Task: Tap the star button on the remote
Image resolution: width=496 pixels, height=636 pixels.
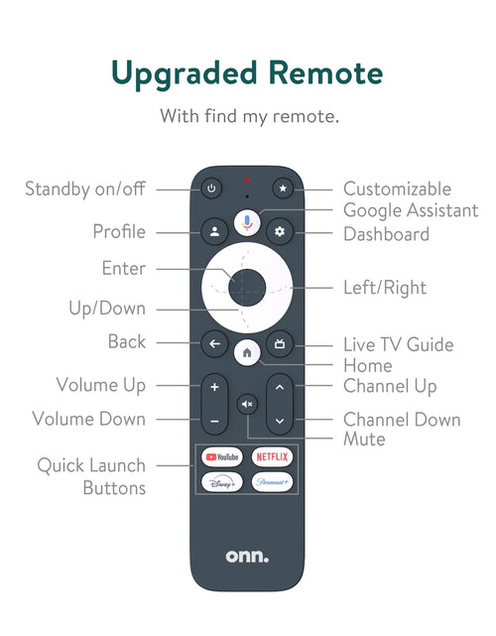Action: pyautogui.click(x=283, y=189)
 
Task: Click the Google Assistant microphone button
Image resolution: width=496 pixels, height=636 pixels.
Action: pyautogui.click(x=247, y=222)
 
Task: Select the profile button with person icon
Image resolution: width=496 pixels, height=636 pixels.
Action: pyautogui.click(x=214, y=231)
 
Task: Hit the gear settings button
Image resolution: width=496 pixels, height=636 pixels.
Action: pyautogui.click(x=280, y=231)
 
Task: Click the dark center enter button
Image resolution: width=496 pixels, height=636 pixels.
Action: pyautogui.click(x=247, y=288)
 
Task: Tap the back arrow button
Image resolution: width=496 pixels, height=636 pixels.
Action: pyautogui.click(x=214, y=344)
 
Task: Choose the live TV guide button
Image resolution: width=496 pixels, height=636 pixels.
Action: pyautogui.click(x=280, y=344)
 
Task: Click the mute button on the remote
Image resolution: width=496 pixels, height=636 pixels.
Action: pyautogui.click(x=247, y=405)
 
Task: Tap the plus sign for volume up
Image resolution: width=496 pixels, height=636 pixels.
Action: pyautogui.click(x=214, y=387)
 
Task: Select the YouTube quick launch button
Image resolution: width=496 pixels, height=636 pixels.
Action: pyautogui.click(x=222, y=457)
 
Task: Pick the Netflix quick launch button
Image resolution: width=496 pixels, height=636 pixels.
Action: pyautogui.click(x=272, y=457)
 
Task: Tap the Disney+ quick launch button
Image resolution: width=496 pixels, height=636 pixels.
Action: pyautogui.click(x=222, y=482)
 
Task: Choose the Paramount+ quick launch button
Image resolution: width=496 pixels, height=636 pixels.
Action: pyautogui.click(x=272, y=482)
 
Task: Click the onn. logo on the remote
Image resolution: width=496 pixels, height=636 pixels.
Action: pyautogui.click(x=247, y=556)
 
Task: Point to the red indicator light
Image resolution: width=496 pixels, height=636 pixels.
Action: pyautogui.click(x=247, y=180)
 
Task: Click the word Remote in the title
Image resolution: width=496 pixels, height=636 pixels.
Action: pyautogui.click(x=325, y=73)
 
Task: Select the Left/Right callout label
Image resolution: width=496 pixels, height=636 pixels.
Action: pyautogui.click(x=385, y=288)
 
